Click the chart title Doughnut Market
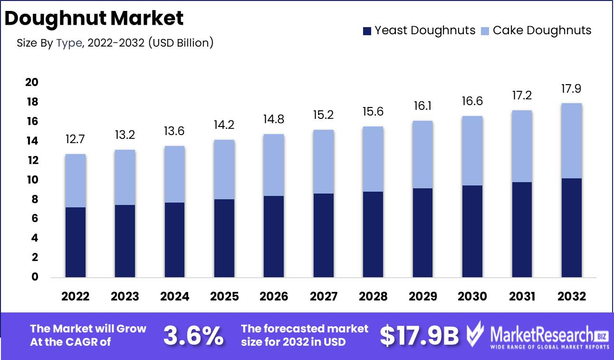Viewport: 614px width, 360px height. [x=94, y=18]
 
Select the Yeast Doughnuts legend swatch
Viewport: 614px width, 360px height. [x=367, y=31]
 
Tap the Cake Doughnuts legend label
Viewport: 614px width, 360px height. [x=542, y=30]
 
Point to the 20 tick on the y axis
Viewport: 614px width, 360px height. [x=31, y=83]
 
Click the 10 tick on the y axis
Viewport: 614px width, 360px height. [x=31, y=180]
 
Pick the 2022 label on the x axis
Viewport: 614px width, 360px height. [x=76, y=296]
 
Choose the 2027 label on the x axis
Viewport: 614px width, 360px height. [x=324, y=296]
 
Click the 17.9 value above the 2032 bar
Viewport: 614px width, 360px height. [x=571, y=89]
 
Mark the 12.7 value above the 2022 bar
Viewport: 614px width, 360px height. [x=76, y=140]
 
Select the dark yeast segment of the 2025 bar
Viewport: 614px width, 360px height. [x=224, y=238]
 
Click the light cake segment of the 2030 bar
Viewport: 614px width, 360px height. [x=472, y=151]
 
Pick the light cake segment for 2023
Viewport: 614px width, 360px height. [x=125, y=177]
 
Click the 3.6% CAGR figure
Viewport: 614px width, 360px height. [x=193, y=336]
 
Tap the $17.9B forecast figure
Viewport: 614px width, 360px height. [x=419, y=336]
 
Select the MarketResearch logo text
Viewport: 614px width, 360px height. [x=542, y=335]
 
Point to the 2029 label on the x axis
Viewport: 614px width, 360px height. [x=422, y=296]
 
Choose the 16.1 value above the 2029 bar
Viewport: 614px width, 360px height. [x=422, y=107]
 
